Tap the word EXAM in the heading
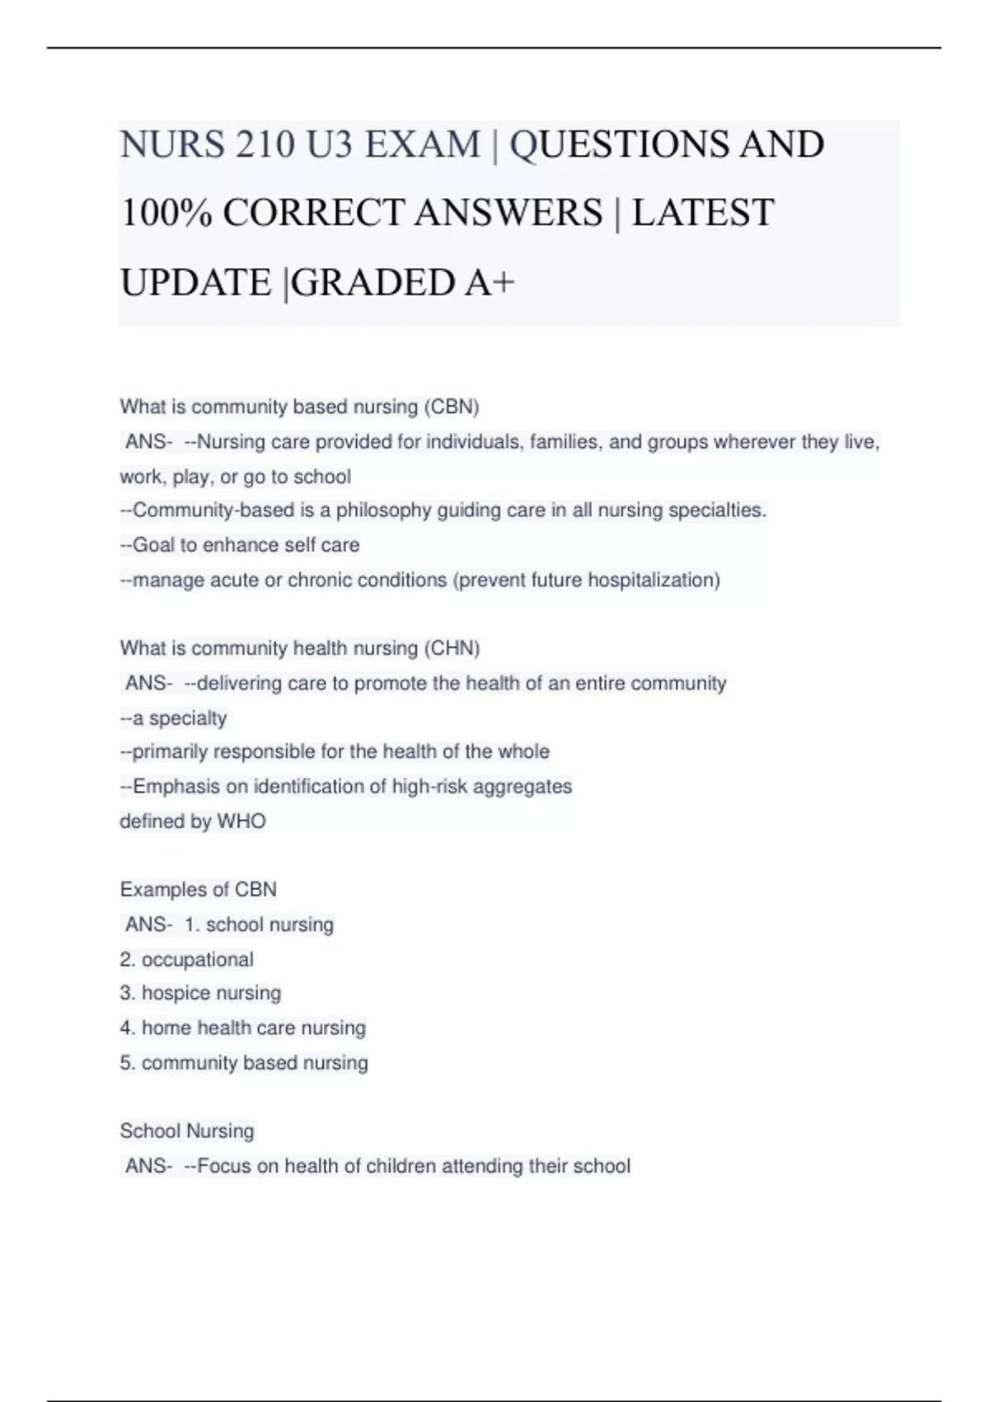423,145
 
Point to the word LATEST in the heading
703,214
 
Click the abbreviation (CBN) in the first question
452,407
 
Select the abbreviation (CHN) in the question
452,649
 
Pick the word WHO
241,822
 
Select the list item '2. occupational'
187,960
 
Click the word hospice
174,994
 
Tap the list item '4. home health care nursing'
242,1028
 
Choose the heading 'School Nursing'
187,1131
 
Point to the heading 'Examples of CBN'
198,890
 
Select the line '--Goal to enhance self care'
240,546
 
